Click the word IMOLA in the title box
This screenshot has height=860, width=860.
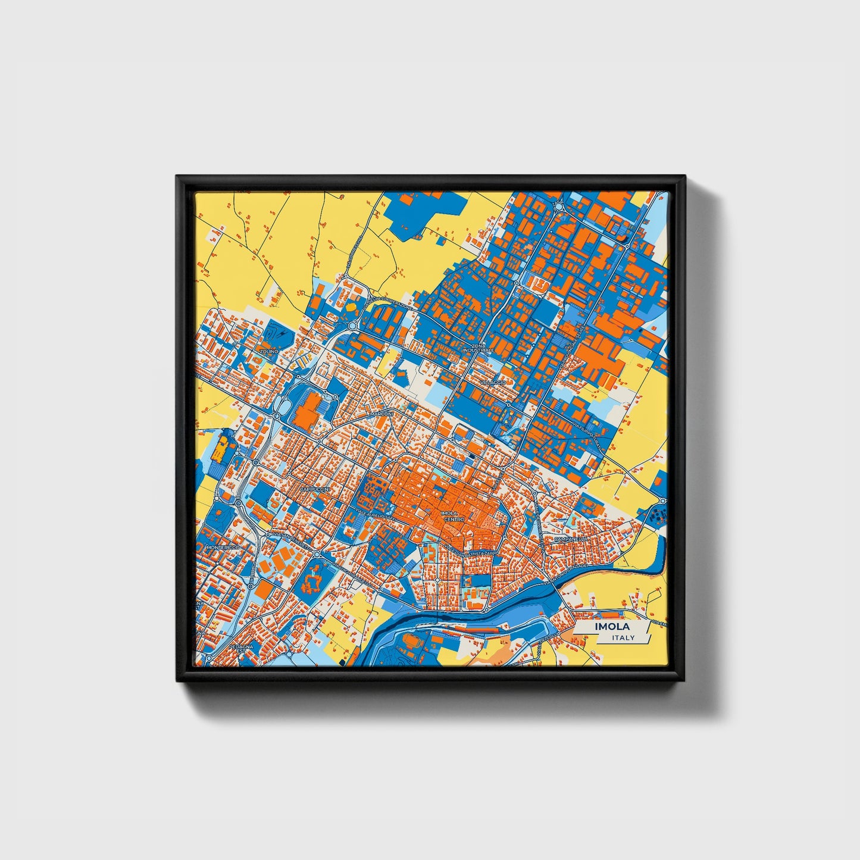point(609,627)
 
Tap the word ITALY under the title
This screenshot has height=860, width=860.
point(623,637)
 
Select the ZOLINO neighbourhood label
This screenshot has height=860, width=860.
point(268,352)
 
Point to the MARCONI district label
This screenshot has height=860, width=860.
point(381,413)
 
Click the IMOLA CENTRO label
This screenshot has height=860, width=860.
point(454,516)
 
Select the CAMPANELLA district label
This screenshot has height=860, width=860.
point(571,539)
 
